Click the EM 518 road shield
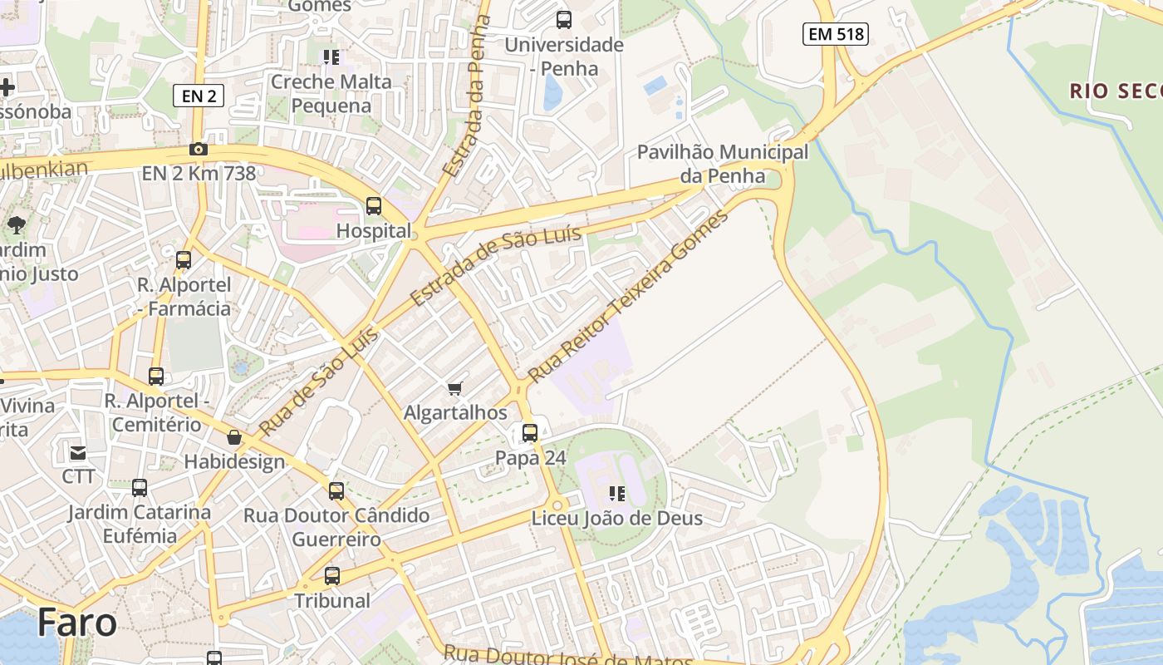click(836, 34)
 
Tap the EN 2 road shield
click(199, 96)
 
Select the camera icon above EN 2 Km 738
click(199, 150)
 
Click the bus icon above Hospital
click(374, 206)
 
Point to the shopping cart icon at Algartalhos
click(454, 388)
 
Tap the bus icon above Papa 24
click(530, 433)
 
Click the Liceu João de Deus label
click(616, 518)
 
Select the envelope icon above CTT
click(78, 453)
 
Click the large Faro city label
click(76, 622)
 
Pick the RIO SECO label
click(1116, 91)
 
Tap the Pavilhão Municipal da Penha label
click(722, 164)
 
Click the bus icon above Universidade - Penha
click(564, 20)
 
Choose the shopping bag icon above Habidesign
click(234, 437)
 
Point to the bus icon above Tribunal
click(332, 575)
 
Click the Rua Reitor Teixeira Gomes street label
click(628, 296)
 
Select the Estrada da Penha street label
click(468, 96)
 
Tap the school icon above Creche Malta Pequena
click(331, 57)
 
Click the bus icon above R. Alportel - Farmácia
click(184, 260)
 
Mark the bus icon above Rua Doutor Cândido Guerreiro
click(336, 491)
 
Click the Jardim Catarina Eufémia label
click(140, 524)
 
